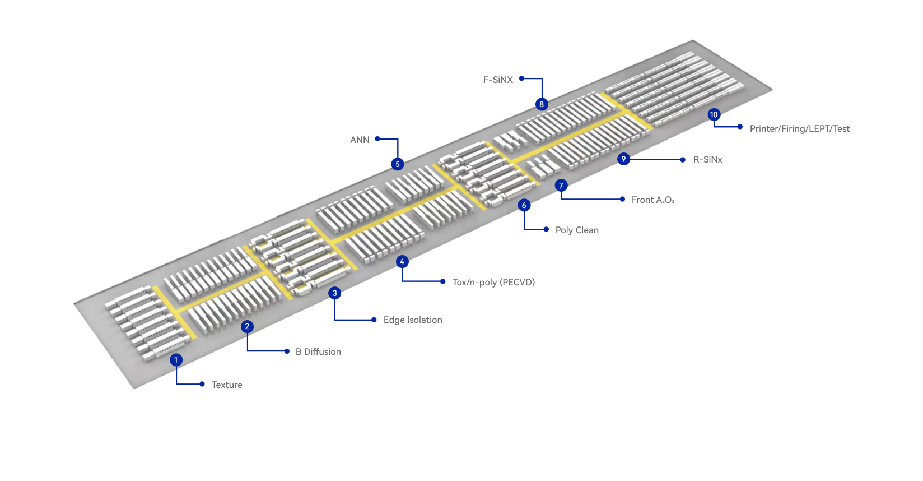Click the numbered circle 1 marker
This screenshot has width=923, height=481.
point(176,360)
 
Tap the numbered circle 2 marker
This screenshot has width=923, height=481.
point(247,326)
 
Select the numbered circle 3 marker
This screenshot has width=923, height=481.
point(335,293)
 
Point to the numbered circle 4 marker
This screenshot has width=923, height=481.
point(402,262)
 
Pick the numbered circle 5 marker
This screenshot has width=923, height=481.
point(398,164)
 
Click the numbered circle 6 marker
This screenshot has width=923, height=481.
point(524,205)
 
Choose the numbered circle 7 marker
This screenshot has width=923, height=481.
point(561,186)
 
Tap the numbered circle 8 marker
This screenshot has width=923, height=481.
point(542,104)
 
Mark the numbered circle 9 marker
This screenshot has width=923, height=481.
point(623,159)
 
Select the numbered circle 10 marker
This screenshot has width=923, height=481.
point(714,115)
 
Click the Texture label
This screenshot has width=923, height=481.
point(227,385)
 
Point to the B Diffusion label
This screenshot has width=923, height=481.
point(318,351)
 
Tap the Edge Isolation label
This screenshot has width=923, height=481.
point(413,320)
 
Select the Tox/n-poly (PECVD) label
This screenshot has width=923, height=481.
point(493,282)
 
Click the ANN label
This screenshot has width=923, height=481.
point(360,140)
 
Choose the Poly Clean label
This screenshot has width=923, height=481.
point(577,230)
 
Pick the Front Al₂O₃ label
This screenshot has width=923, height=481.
point(653,200)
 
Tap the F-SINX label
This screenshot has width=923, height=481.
point(498,80)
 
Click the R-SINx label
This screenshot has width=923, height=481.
point(708,159)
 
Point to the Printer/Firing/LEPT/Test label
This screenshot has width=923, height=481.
point(799,128)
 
